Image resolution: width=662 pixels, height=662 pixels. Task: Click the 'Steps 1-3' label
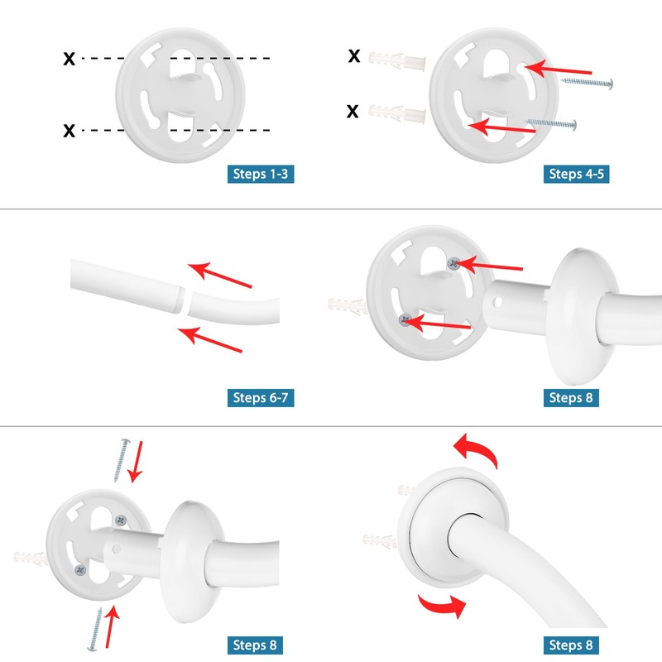[261, 174]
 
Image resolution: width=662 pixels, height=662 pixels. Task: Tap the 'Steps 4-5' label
[576, 174]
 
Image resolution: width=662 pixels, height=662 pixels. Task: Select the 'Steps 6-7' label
[261, 398]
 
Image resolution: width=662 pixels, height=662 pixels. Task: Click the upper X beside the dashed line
[70, 58]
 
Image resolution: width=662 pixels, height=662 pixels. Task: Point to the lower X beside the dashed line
[70, 131]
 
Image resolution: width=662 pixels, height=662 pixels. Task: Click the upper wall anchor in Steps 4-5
[397, 61]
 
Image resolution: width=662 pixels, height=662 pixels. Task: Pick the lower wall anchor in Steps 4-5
[397, 113]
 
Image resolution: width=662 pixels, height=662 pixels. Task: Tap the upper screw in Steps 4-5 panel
[587, 83]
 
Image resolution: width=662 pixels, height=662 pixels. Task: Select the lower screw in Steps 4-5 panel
[551, 123]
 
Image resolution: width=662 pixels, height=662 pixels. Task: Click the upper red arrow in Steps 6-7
[219, 275]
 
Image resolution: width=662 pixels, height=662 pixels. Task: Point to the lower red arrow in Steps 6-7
[210, 339]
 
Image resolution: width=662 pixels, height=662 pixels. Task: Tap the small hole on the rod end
[497, 302]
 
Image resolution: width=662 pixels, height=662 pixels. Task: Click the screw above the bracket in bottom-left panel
[122, 460]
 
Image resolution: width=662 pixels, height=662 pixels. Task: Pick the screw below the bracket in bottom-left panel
[95, 630]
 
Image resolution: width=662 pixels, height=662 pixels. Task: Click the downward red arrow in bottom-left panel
[136, 462]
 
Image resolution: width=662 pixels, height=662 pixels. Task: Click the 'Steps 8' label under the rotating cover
[571, 645]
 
